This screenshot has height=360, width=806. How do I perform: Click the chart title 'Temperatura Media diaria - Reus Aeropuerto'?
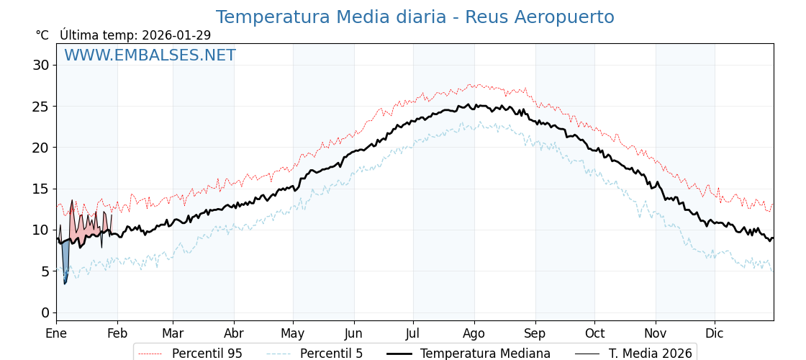(x=415, y=17)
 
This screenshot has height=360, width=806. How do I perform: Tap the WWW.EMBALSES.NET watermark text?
(x=150, y=55)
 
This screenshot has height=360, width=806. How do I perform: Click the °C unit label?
(x=42, y=35)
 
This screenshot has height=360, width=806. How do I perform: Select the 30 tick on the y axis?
(x=41, y=66)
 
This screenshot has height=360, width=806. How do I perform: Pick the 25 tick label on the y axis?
(x=41, y=107)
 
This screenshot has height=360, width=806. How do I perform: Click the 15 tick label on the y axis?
(x=41, y=189)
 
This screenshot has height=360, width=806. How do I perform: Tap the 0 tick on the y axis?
(x=45, y=312)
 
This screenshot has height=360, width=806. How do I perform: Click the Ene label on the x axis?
(x=56, y=334)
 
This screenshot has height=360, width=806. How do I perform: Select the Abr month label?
(x=234, y=334)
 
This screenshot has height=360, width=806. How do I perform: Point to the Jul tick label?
(x=413, y=334)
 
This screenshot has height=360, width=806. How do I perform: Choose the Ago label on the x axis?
(x=474, y=334)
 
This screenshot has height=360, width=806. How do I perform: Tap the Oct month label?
(x=594, y=334)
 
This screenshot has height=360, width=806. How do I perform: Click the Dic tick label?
(x=715, y=334)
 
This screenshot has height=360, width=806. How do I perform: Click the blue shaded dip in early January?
(x=65, y=259)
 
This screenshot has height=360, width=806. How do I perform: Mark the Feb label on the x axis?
(x=117, y=334)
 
